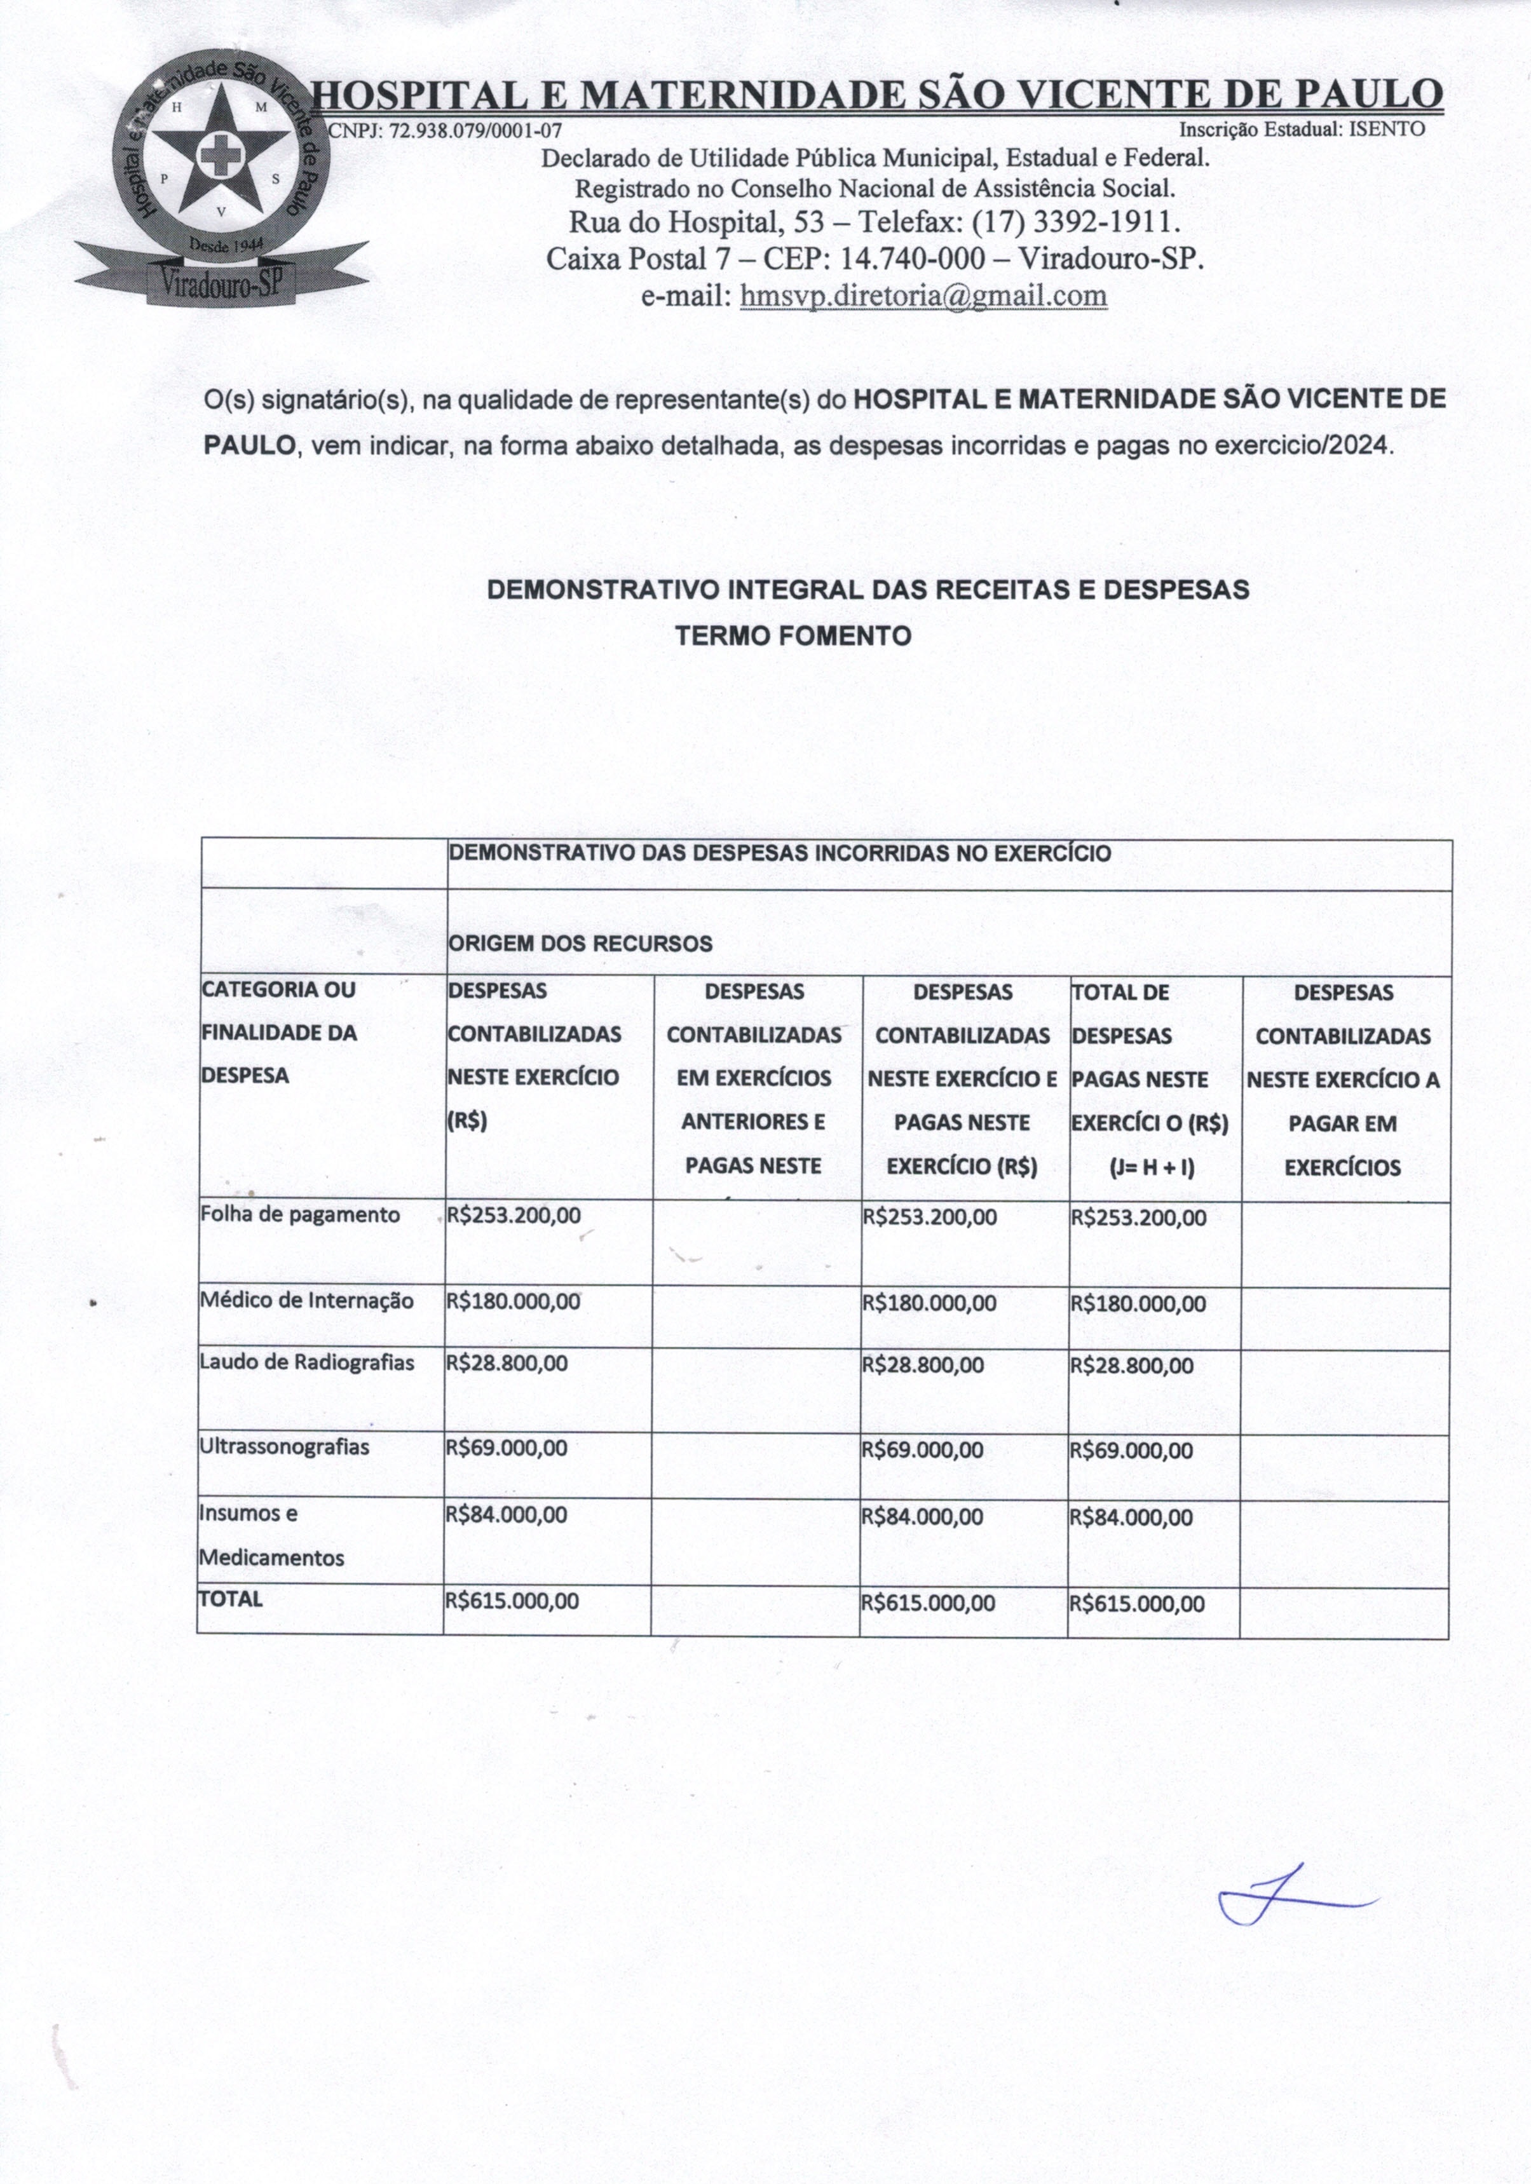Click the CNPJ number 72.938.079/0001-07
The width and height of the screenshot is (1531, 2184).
[476, 130]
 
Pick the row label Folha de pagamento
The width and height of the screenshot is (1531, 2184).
[300, 1215]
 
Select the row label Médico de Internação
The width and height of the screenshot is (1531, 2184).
[306, 1300]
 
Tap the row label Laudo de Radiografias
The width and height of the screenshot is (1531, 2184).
[306, 1362]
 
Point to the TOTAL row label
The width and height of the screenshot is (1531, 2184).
[230, 1598]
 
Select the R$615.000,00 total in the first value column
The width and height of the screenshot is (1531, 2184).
[512, 1601]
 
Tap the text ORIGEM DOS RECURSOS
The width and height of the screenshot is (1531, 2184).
[580, 944]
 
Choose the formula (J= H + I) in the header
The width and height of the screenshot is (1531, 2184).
[1152, 1167]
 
